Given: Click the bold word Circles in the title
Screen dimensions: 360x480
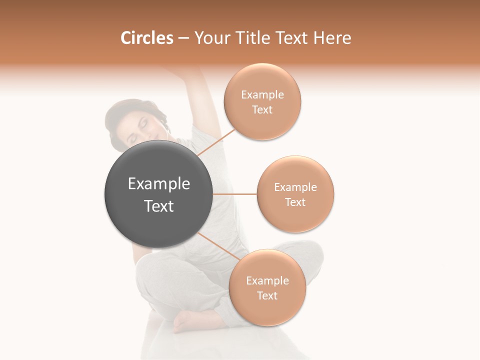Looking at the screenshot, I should pos(147,38).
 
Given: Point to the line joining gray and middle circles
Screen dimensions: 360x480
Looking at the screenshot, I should pos(235,194).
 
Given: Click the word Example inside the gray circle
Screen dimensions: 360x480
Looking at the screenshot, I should pos(159,184).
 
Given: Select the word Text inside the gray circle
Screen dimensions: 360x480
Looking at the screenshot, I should pos(159,206).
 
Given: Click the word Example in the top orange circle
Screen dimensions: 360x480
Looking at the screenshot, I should pos(262,95).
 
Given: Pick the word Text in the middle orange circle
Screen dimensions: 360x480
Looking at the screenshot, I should pos(295,202).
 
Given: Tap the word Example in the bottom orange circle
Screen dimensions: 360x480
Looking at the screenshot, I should pos(267,281).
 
